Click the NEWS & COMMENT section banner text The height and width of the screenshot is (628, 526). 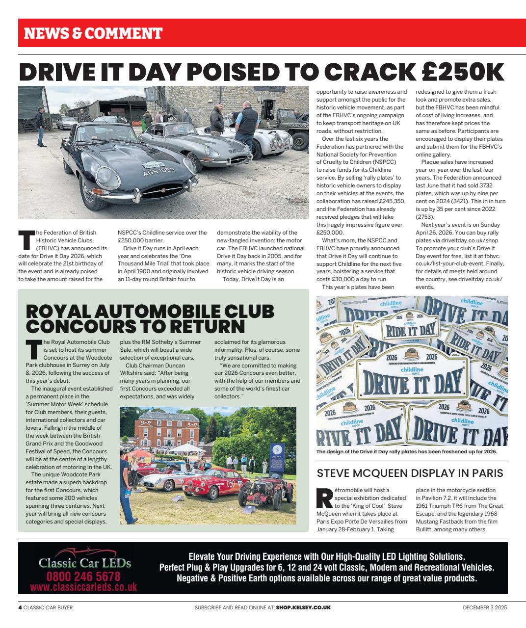coord(93,33)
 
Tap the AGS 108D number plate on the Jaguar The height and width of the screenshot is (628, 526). coord(158,172)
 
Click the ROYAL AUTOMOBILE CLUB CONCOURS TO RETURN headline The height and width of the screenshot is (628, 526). coord(150,318)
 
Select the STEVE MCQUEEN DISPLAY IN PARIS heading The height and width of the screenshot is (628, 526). coord(410,473)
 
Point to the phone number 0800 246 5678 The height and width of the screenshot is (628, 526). coord(83,576)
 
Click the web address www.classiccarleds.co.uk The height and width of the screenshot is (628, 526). coord(83,587)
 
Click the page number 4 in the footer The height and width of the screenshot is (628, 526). coord(20,607)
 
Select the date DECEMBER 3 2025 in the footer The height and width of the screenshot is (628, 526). coord(485,607)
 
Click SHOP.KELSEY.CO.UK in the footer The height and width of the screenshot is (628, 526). coord(303,607)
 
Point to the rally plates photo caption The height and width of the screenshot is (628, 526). coord(407,452)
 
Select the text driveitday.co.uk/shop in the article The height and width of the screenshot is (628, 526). coord(468,240)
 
